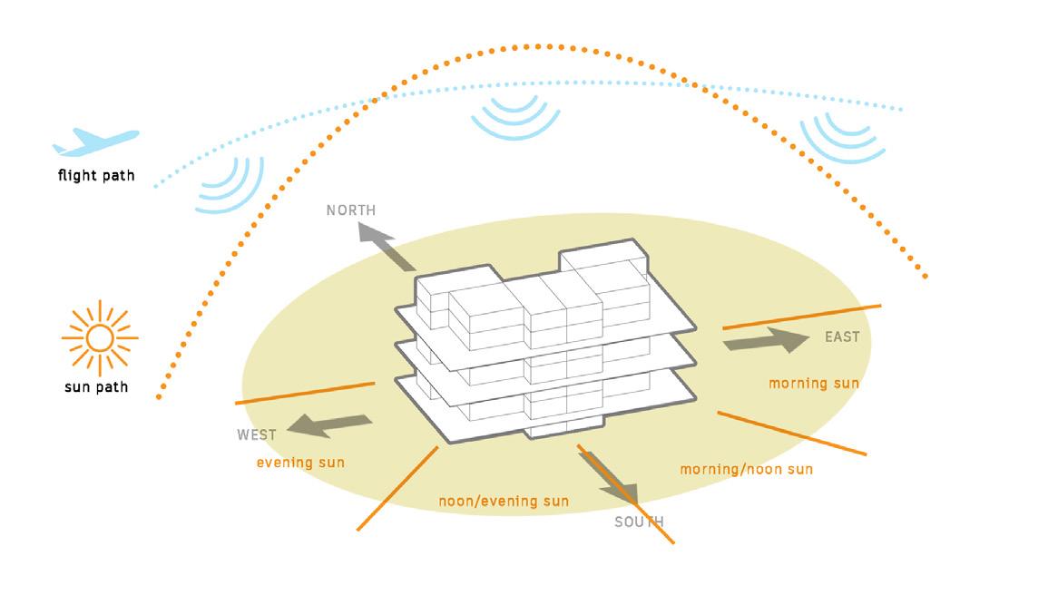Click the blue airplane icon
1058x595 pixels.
click(x=95, y=141)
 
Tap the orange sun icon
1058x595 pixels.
click(x=99, y=338)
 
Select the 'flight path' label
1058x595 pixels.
click(x=96, y=175)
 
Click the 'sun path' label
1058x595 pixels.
click(x=96, y=387)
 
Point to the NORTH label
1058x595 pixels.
click(x=351, y=210)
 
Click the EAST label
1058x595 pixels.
click(x=842, y=337)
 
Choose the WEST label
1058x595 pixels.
click(x=257, y=435)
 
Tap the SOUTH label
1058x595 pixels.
click(x=639, y=522)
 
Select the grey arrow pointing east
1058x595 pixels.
click(x=766, y=342)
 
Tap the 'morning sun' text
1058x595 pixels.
click(x=814, y=384)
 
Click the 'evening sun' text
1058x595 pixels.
click(x=300, y=463)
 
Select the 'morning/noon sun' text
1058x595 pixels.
click(x=746, y=469)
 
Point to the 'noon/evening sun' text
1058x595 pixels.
click(x=504, y=501)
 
